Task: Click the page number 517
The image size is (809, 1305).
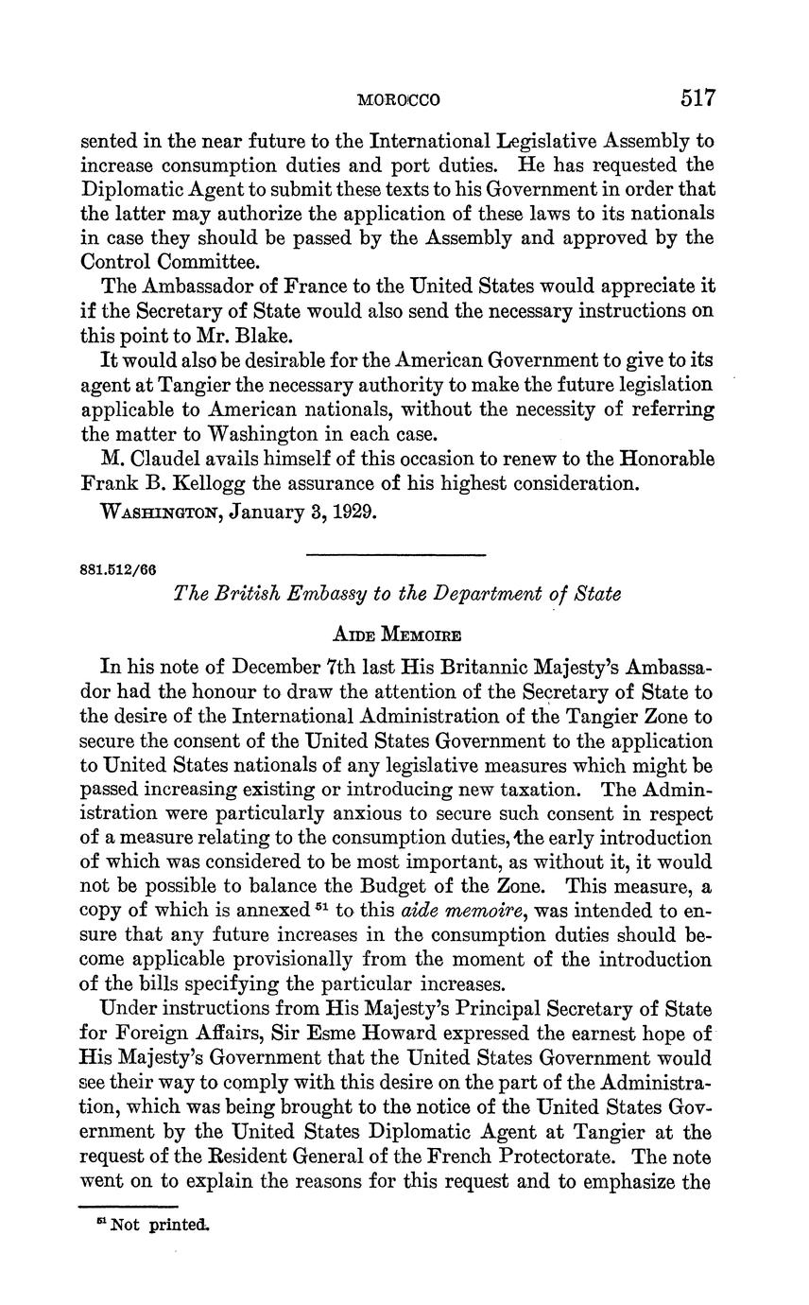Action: (696, 97)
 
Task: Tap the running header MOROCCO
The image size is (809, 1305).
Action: (401, 99)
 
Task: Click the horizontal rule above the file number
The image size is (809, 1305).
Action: (396, 554)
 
